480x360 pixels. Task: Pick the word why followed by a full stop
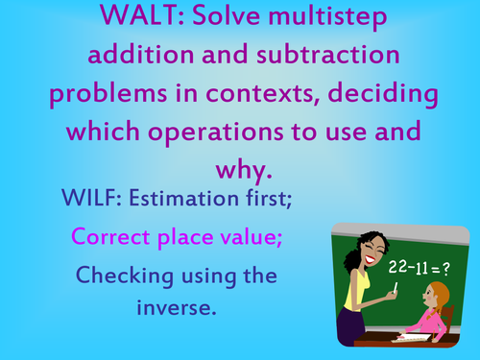point(239,170)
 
